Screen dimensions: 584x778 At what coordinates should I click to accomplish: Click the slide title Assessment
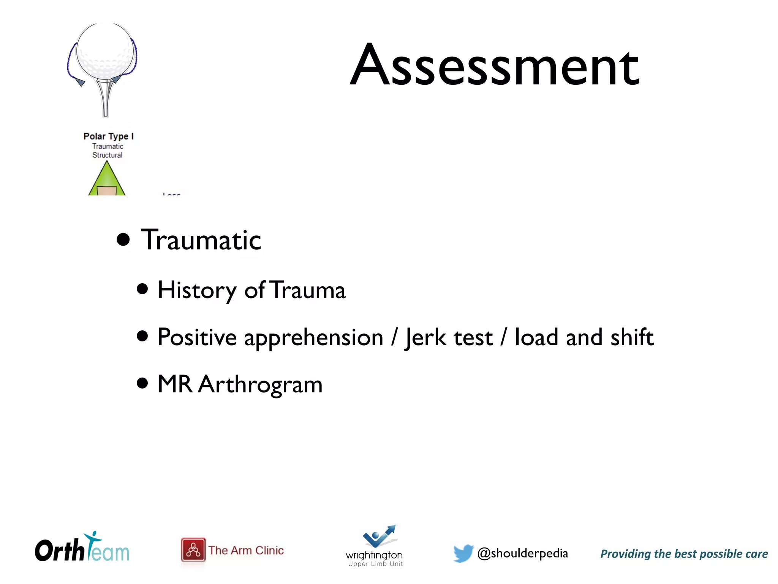495,65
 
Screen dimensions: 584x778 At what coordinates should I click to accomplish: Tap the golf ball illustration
105,51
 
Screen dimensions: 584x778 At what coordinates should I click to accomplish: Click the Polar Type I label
109,136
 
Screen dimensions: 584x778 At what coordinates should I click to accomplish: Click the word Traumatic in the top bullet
201,240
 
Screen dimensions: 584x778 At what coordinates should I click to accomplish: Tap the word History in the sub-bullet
197,290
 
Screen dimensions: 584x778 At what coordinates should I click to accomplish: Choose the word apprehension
313,338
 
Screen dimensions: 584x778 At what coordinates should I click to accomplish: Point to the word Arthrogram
260,384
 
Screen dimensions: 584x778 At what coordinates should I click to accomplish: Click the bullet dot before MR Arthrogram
142,383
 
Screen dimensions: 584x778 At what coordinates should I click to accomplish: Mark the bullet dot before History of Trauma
142,289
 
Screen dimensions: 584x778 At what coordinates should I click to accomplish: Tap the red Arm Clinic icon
193,550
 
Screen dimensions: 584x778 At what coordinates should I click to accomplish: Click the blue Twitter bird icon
463,553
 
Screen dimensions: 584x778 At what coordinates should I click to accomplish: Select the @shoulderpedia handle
523,553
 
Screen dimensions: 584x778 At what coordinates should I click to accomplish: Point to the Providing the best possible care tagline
684,554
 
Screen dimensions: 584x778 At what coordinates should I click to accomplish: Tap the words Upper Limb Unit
375,564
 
